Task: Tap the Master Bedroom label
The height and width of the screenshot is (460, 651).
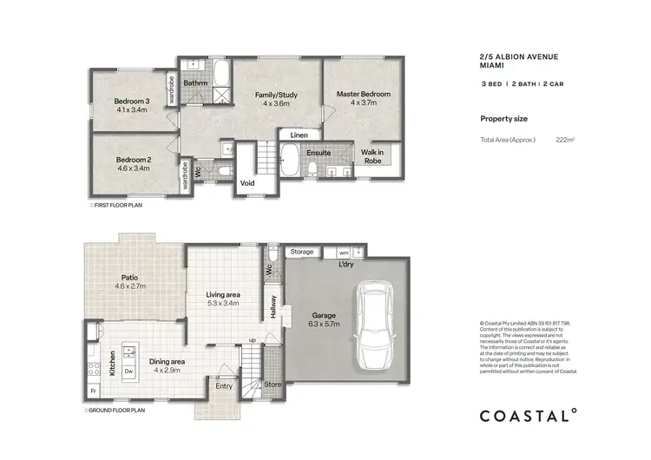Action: coord(363,94)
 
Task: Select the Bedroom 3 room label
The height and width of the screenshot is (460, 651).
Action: coord(133,102)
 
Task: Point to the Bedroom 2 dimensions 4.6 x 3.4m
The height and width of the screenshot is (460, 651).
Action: coord(133,168)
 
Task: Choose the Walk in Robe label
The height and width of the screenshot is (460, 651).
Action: coord(372,156)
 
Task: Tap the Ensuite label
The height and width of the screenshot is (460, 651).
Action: coord(319,153)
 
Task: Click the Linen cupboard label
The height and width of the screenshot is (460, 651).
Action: coord(299,135)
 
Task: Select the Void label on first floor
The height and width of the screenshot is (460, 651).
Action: coord(247,183)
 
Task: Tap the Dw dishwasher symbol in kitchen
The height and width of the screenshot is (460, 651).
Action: coord(128,371)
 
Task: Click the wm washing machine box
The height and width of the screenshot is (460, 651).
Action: coord(344,253)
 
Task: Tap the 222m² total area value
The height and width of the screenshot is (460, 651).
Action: coord(567,139)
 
